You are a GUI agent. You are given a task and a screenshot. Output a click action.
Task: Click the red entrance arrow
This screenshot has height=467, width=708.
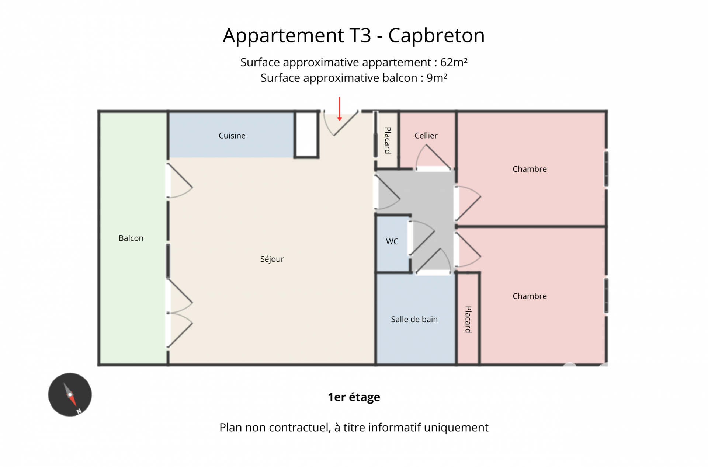tap(339, 109)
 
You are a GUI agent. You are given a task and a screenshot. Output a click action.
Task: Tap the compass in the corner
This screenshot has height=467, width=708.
tap(70, 394)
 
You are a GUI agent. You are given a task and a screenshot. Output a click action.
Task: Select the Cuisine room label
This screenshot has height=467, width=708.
tap(232, 136)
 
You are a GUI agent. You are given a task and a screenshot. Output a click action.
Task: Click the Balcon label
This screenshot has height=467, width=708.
tap(131, 238)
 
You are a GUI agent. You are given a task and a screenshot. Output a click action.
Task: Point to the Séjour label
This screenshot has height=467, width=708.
tap(272, 259)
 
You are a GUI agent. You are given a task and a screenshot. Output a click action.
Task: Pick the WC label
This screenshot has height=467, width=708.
tap(392, 241)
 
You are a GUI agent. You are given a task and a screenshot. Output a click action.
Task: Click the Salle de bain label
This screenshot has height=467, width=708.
tap(414, 319)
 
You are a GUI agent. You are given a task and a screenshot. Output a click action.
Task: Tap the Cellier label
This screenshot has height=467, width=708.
tap(426, 136)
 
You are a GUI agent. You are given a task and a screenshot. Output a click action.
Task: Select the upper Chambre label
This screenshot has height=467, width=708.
tap(530, 169)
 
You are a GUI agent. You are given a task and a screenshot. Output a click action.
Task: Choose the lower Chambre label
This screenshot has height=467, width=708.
tap(530, 296)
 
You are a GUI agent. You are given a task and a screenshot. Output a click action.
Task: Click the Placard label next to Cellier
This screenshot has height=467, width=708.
tap(388, 140)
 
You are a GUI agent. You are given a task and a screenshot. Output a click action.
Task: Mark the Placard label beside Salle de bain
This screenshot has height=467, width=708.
tap(468, 319)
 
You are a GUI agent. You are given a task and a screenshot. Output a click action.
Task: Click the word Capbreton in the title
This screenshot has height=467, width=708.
tap(436, 35)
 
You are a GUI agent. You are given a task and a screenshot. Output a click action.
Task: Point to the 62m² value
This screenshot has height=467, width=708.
tap(454, 62)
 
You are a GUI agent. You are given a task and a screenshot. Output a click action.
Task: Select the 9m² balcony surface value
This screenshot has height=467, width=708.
tap(437, 78)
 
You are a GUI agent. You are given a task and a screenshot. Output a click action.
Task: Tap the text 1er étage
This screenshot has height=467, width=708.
tap(354, 397)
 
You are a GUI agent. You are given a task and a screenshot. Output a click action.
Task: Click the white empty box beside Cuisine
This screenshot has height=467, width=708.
tap(306, 135)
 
